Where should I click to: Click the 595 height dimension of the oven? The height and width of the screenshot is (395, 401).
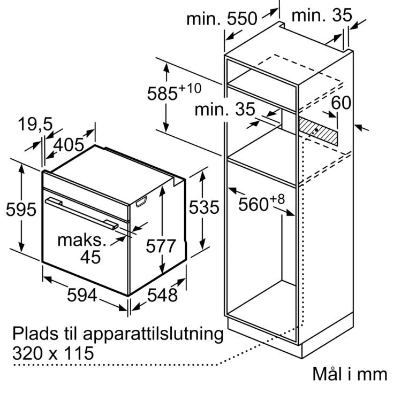pos(21,210)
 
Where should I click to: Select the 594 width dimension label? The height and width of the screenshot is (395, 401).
pos(82,295)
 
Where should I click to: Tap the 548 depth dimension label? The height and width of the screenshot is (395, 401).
pos(162,295)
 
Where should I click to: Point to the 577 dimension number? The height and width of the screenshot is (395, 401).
pos(161,246)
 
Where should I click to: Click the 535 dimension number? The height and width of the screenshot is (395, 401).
pos(204,207)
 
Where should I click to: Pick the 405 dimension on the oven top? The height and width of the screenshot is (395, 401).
pos(69,145)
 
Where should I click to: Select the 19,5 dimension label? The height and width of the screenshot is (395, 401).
pos(35,125)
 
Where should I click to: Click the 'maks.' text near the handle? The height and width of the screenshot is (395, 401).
pos(82,240)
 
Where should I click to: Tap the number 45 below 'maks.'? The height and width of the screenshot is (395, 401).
pos(90,257)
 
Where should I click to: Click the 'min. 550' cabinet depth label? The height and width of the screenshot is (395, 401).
pos(222,18)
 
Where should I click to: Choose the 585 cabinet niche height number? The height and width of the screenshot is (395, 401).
pos(162,93)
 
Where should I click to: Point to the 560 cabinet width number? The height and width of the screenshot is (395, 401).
pos(253,204)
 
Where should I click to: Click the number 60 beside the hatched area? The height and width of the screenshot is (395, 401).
pos(341,103)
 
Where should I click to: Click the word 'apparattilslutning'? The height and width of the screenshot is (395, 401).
pos(153,334)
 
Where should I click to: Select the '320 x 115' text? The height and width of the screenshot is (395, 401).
pos(53,353)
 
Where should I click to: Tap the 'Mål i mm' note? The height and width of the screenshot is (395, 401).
pos(350,374)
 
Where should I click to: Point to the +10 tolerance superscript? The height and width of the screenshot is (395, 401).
pos(190,88)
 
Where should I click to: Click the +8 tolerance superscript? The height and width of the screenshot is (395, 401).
pos(277,199)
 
